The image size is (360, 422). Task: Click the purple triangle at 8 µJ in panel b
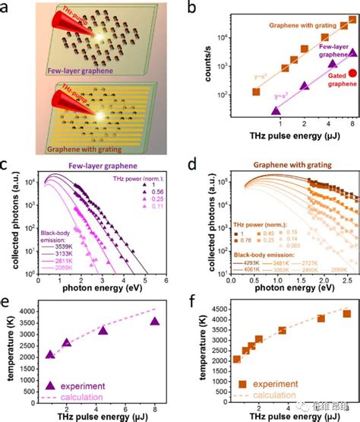352,53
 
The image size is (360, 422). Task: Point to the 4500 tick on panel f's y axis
210,309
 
